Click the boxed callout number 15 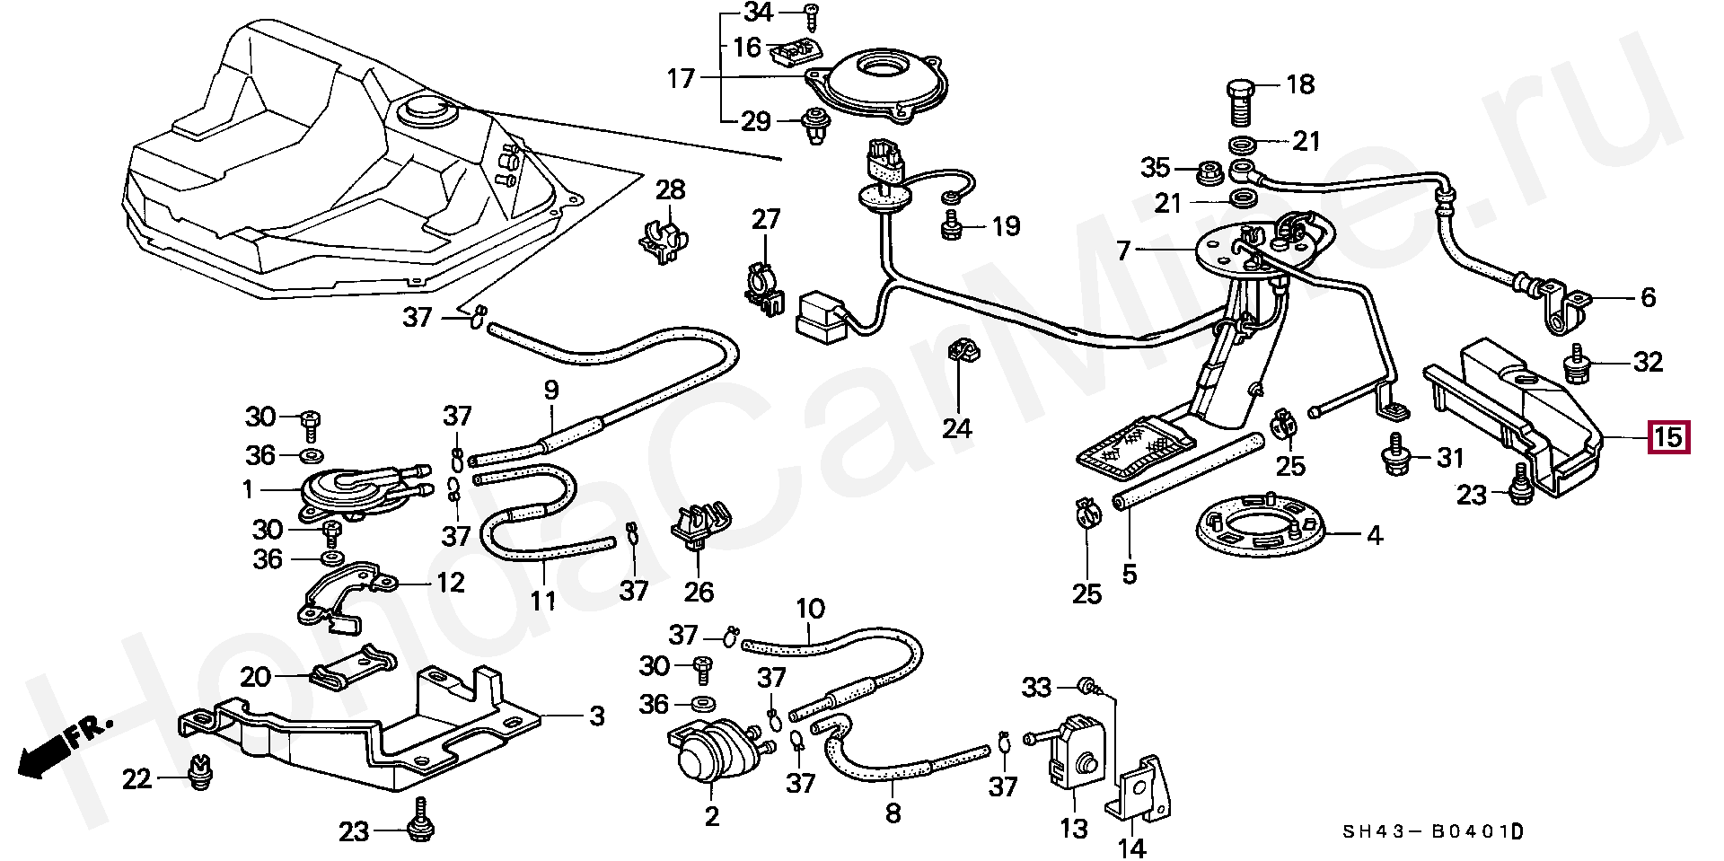(x=1668, y=438)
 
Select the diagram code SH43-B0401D (x=1433, y=832)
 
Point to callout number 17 (x=681, y=79)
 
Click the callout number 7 (x=1123, y=250)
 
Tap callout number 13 (x=1074, y=828)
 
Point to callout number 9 (x=551, y=390)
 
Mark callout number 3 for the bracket (x=596, y=716)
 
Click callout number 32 (x=1649, y=362)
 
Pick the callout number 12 (x=450, y=583)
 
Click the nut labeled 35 (x=1209, y=171)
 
